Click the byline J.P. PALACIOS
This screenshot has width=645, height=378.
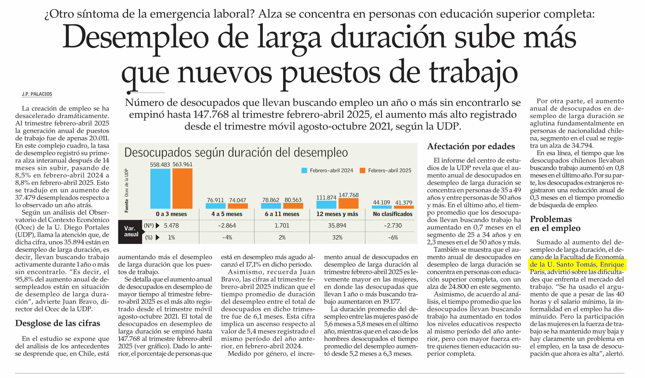(x=37, y=94)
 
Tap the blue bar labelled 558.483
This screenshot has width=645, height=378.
(x=160, y=189)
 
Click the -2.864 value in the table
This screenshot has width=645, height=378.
(x=227, y=226)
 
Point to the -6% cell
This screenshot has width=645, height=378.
(x=393, y=238)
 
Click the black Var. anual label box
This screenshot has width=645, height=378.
(x=130, y=231)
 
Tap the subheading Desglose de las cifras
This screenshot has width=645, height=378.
(x=58, y=323)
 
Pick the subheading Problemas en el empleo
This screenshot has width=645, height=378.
(x=555, y=224)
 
